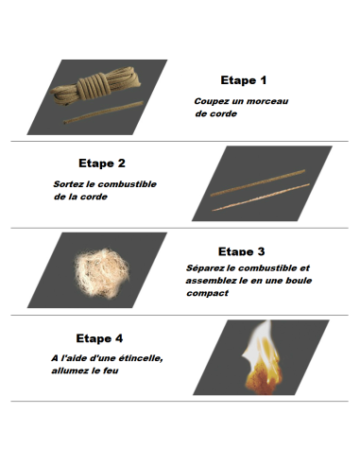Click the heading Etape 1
(x=244, y=80)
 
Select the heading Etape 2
(x=102, y=164)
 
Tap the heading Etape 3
(x=241, y=251)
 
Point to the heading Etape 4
(x=99, y=337)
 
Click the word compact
(x=207, y=292)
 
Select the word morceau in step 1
(x=269, y=101)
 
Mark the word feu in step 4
(x=121, y=370)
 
